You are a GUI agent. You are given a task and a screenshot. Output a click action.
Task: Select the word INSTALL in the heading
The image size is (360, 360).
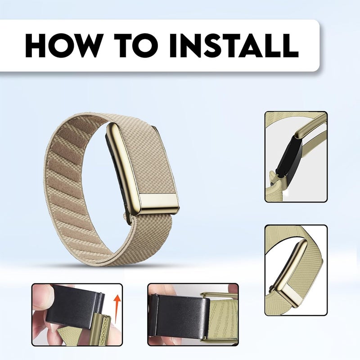coord(234,45)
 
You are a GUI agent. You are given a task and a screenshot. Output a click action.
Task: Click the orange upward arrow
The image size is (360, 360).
coord(117,308)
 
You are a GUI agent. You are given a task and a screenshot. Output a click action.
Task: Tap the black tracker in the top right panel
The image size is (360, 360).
coord(287,156)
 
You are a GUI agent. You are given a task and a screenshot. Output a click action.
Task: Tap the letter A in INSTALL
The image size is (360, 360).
coord(250,45)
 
